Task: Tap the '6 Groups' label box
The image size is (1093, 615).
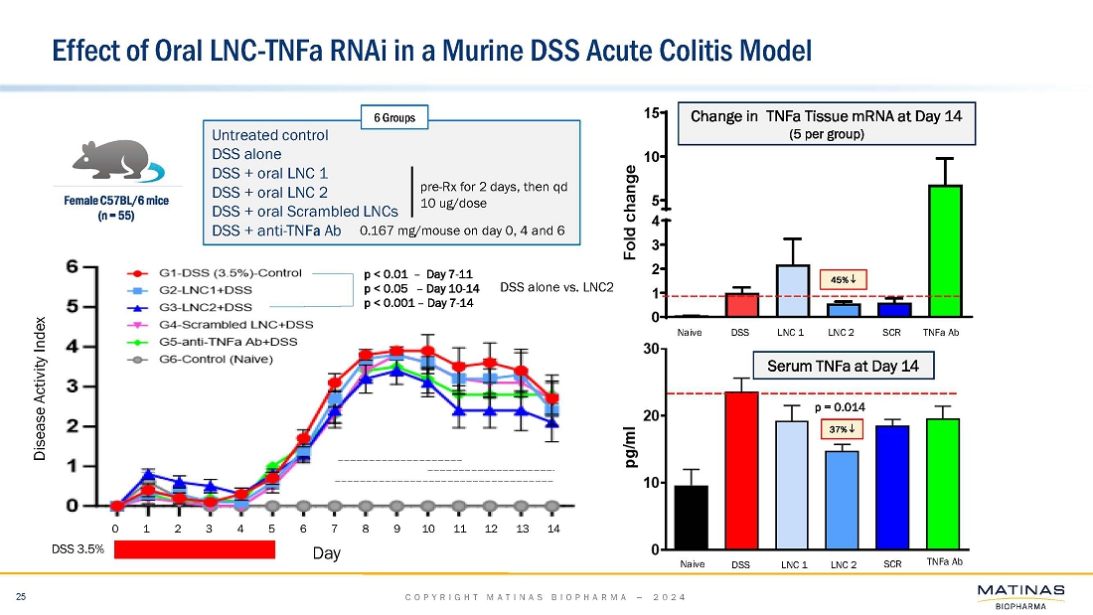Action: pyautogui.click(x=393, y=118)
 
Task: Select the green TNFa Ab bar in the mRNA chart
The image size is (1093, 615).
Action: pyautogui.click(x=944, y=250)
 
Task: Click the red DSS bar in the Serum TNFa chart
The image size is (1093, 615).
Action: pyautogui.click(x=741, y=471)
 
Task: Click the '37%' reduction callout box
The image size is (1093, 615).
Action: pyautogui.click(x=841, y=429)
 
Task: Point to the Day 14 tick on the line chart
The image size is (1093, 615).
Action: pyautogui.click(x=553, y=529)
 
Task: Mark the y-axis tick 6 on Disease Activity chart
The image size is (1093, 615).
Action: pyautogui.click(x=100, y=267)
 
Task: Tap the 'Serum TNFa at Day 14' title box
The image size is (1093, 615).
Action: pyautogui.click(x=856, y=367)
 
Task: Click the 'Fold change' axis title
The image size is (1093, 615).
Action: pyautogui.click(x=630, y=214)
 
